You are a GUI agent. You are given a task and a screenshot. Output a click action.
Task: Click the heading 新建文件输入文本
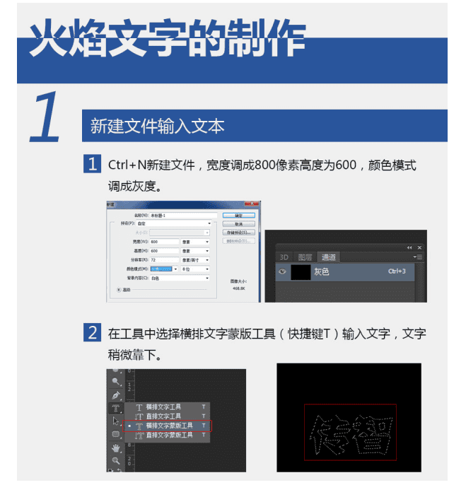[x=157, y=127]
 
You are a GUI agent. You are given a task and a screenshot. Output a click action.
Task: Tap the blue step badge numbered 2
[x=92, y=332]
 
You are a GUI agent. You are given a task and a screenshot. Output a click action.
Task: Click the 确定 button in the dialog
[x=238, y=215]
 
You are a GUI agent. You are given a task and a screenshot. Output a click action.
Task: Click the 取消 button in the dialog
[x=238, y=223]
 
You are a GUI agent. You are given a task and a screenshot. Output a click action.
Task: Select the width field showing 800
[x=164, y=241]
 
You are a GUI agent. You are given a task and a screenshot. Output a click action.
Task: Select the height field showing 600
[x=164, y=250]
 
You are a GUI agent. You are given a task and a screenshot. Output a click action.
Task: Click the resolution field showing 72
[x=164, y=259]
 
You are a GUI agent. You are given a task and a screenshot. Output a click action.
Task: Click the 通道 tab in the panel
[x=328, y=257]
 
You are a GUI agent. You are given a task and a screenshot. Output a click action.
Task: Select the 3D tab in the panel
[x=284, y=257]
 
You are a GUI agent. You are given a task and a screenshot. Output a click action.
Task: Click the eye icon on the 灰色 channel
[x=282, y=271]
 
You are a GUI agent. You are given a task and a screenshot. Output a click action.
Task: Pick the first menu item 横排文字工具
[x=163, y=407]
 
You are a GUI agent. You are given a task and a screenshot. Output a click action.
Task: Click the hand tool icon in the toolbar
[x=115, y=448]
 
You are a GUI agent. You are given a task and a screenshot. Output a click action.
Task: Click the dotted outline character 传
[x=331, y=432]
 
